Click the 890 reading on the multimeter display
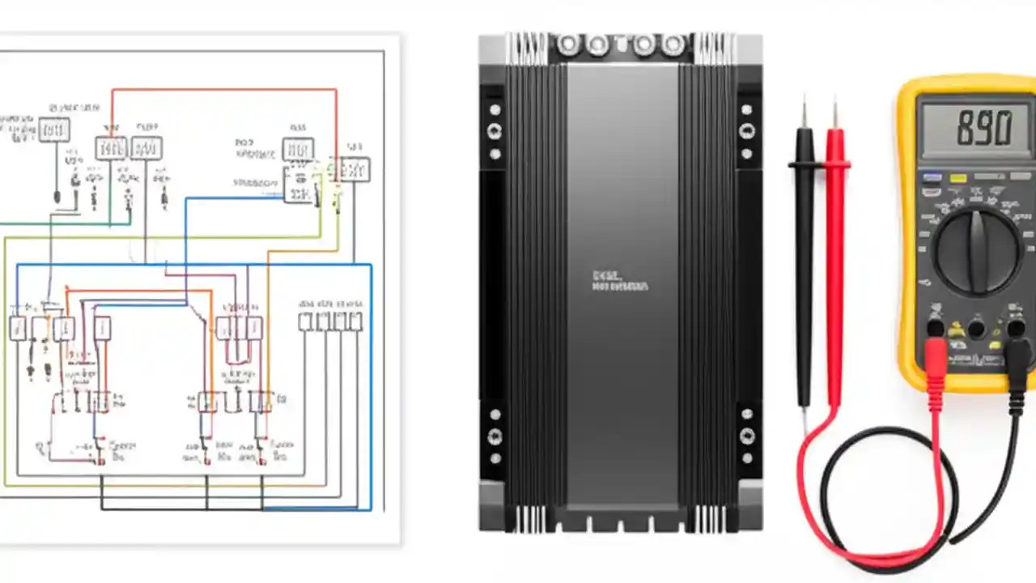click(x=983, y=129)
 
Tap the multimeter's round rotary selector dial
click(x=977, y=250)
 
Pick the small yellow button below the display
click(x=958, y=178)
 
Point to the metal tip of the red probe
click(x=834, y=114)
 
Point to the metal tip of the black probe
click(x=803, y=113)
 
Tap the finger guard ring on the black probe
click(x=804, y=164)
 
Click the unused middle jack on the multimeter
click(x=976, y=328)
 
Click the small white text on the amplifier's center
click(x=619, y=281)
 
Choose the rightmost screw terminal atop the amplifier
click(x=671, y=45)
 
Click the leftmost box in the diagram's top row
click(x=53, y=130)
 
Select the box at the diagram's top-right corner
click(x=355, y=169)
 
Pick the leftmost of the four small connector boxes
click(x=305, y=321)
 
